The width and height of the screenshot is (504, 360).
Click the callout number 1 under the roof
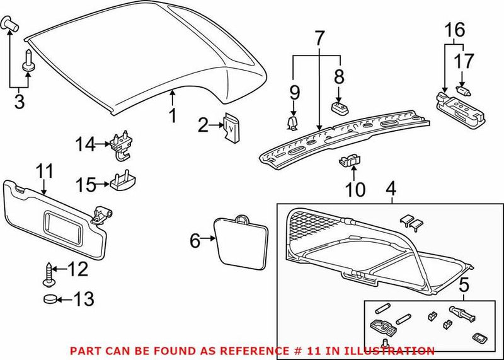click(x=172, y=115)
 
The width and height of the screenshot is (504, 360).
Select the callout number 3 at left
click(x=19, y=102)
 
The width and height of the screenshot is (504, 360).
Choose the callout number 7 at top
click(x=319, y=38)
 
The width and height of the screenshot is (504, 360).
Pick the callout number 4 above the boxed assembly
click(x=391, y=189)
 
